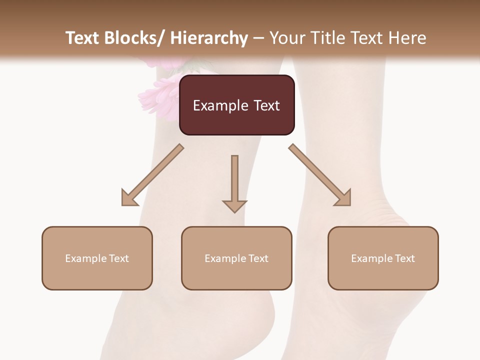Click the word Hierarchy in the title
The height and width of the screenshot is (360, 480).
click(x=209, y=38)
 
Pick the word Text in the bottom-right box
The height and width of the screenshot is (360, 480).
click(x=405, y=258)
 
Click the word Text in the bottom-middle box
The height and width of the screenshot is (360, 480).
click(x=258, y=258)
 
